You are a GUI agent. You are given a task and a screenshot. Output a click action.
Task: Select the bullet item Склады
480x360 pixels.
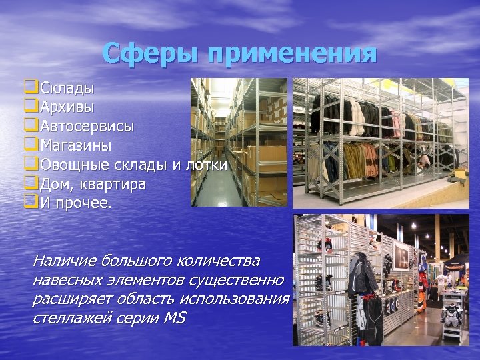pos(67,88)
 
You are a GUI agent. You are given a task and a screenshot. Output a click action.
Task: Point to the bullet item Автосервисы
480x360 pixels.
pos(87,126)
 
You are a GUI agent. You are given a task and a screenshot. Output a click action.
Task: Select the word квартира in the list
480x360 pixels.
pos(114,184)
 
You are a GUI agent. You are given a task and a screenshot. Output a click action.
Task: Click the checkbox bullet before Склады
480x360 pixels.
pos(29,87)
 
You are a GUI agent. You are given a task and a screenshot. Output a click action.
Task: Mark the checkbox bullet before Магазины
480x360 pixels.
pos(29,145)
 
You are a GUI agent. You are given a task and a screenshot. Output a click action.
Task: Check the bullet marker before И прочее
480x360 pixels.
pos(29,203)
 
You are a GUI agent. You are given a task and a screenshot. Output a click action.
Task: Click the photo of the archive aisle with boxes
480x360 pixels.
pos(239,142)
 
